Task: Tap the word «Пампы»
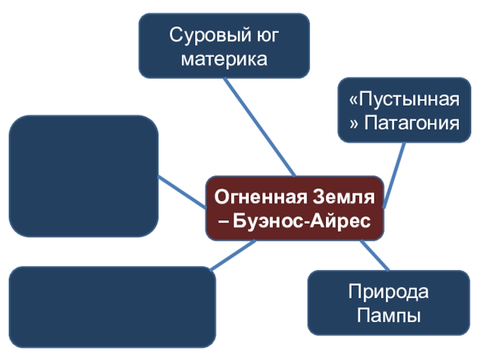click(x=389, y=315)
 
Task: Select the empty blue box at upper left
click(x=83, y=176)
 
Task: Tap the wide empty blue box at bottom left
click(x=112, y=307)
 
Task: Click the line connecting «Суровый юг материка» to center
click(x=258, y=127)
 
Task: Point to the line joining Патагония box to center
click(x=393, y=174)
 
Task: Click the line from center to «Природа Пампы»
click(x=375, y=255)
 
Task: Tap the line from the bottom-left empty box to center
click(x=234, y=255)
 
